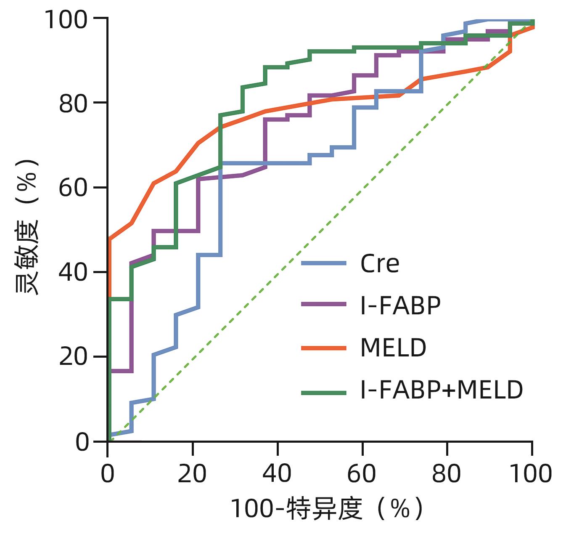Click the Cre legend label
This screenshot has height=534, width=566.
click(x=379, y=264)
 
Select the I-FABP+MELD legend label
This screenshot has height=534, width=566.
click(x=442, y=390)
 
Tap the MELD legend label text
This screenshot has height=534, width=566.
click(x=393, y=348)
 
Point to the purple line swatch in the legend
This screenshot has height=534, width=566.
click(x=324, y=304)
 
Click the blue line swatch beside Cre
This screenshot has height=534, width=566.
click(x=324, y=263)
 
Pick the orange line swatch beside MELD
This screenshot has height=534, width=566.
click(x=324, y=348)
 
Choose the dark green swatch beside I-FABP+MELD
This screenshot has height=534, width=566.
click(x=324, y=393)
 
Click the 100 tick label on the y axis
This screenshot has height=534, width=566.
click(x=66, y=19)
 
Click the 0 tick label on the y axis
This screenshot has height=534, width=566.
click(x=82, y=442)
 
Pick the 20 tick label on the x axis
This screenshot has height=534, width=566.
click(x=192, y=474)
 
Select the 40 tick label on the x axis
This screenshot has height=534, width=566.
click(x=277, y=474)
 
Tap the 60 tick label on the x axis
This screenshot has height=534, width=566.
click(x=362, y=474)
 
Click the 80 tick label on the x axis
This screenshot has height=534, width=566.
click(x=447, y=474)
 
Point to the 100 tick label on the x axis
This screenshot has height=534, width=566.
click(x=531, y=474)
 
